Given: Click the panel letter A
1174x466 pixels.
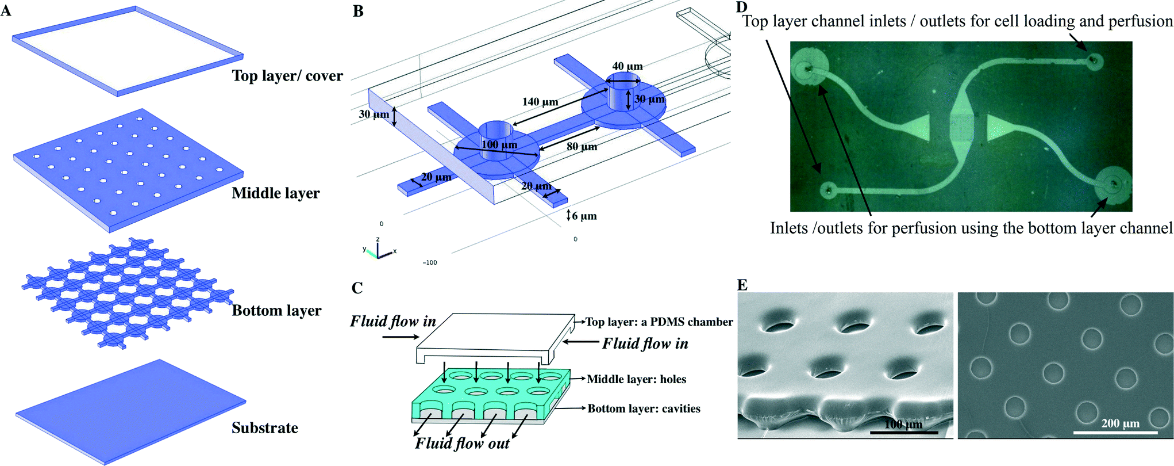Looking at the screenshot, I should (6, 10).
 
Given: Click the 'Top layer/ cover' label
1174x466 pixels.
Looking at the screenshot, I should (287, 76).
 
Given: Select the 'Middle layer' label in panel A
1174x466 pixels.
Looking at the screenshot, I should (275, 193).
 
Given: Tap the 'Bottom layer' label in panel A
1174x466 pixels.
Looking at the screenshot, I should (276, 311).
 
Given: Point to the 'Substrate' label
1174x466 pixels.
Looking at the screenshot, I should (265, 428).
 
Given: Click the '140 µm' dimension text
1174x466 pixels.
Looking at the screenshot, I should (540, 102).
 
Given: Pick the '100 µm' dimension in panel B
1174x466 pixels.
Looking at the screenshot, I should (499, 145).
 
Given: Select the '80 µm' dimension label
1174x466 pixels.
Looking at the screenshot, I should (582, 147).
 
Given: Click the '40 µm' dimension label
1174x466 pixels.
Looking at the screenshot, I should (628, 66).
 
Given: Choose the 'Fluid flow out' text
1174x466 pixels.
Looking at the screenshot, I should (462, 444).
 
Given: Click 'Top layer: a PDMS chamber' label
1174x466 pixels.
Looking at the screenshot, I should (659, 322).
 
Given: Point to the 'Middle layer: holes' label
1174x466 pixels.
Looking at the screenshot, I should (636, 379).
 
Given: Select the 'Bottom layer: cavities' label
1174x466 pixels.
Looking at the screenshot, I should (644, 408).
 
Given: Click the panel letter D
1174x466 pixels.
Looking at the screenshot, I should (742, 7).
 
